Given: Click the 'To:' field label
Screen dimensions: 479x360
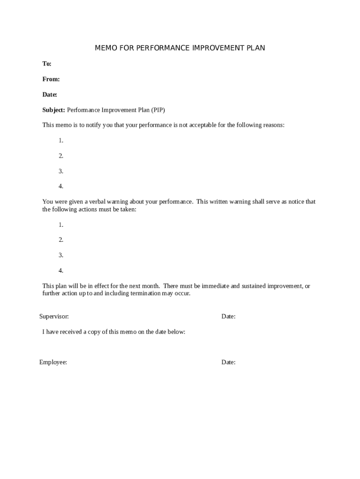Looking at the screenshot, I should [x=47, y=64].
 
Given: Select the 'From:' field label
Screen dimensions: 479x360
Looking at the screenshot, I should [x=51, y=80].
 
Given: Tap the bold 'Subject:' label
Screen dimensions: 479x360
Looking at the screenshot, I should [x=54, y=110].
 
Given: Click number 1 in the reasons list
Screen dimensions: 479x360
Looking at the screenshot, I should [x=61, y=140].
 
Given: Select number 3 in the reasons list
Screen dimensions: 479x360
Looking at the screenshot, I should [x=61, y=171].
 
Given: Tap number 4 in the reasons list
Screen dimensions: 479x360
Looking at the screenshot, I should [x=61, y=186].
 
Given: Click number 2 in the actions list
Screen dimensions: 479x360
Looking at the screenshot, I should [x=61, y=240].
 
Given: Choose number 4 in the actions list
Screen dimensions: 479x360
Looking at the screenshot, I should [x=61, y=270].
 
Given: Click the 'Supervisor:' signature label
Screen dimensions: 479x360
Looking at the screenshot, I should [x=54, y=317].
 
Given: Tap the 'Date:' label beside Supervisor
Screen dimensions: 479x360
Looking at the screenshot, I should [x=228, y=317].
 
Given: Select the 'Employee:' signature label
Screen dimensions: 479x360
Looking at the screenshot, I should [x=53, y=362].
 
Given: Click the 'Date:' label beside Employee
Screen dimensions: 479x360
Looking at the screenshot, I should [x=228, y=362].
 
